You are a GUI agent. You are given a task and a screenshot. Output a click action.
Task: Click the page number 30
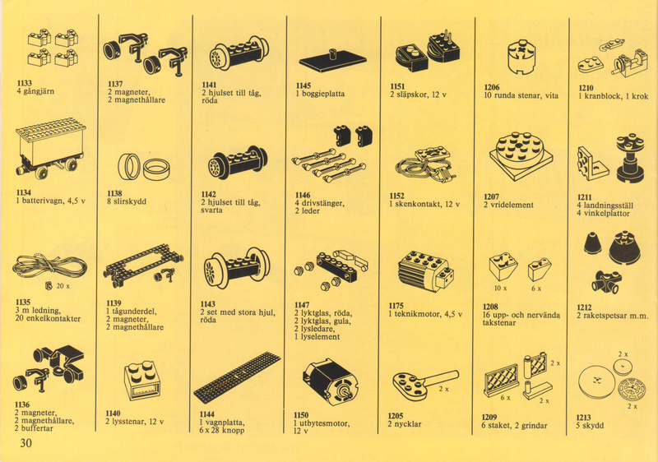click(x=25, y=443)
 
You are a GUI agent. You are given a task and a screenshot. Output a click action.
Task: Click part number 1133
click(x=25, y=83)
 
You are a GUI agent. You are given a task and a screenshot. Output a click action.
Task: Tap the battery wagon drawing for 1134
click(x=51, y=148)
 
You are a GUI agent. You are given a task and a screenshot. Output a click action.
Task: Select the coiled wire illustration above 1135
click(x=49, y=266)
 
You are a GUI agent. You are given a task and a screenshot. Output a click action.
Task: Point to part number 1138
click(x=114, y=193)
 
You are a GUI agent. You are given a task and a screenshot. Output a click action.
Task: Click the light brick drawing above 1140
click(x=142, y=381)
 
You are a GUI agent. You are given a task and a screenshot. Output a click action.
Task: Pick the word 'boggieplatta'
click(x=323, y=94)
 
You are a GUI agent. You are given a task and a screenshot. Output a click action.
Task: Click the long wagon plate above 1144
click(x=238, y=377)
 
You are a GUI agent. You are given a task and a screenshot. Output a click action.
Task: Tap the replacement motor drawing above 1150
click(x=331, y=384)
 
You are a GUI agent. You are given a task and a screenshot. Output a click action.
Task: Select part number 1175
click(x=396, y=306)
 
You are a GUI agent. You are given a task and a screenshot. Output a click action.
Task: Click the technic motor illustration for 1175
click(x=425, y=271)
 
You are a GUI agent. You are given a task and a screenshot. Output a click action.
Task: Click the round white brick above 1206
click(x=521, y=58)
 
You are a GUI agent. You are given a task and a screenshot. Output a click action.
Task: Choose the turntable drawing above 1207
click(x=521, y=156)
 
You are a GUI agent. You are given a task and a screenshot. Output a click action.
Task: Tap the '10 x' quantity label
click(x=500, y=288)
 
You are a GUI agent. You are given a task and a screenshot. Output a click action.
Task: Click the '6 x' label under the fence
click(x=505, y=397)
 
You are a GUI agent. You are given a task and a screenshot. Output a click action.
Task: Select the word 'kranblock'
click(x=601, y=96)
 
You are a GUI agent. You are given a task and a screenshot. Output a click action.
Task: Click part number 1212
click(x=584, y=307)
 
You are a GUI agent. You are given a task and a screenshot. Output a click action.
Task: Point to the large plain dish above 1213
click(x=596, y=381)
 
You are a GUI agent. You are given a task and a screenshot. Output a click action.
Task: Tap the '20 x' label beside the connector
click(x=63, y=286)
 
